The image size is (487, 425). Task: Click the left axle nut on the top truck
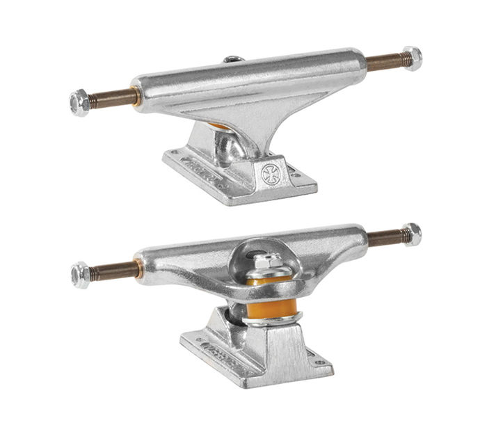pyautogui.click(x=79, y=102)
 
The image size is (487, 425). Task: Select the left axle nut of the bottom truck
pyautogui.click(x=81, y=275)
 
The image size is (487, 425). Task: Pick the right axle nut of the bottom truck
pyautogui.click(x=412, y=234)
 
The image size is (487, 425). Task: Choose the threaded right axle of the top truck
pyautogui.click(x=385, y=63)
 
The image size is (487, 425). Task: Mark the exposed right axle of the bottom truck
pyautogui.click(x=384, y=239)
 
